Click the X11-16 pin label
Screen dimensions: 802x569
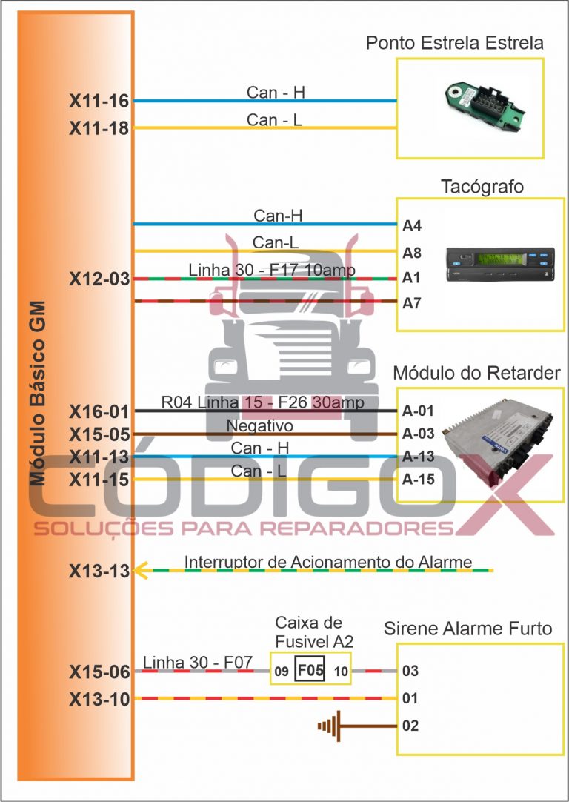pyautogui.click(x=99, y=102)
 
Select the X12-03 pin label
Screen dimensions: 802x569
pyautogui.click(x=99, y=279)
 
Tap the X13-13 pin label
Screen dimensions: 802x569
pyautogui.click(x=99, y=571)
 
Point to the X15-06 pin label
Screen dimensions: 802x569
pyautogui.click(x=99, y=672)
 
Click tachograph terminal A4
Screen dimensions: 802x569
pyautogui.click(x=412, y=225)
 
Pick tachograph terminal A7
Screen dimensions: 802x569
pyautogui.click(x=412, y=303)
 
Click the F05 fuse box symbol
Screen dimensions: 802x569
pyautogui.click(x=310, y=670)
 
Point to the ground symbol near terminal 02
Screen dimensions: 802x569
pyautogui.click(x=328, y=725)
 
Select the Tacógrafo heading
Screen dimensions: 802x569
pyautogui.click(x=482, y=186)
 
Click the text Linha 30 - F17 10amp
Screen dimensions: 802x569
pyautogui.click(x=272, y=270)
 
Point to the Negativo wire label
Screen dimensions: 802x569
pyautogui.click(x=259, y=426)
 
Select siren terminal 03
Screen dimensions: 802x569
pyautogui.click(x=410, y=672)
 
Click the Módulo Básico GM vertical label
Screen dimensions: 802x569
pyautogui.click(x=38, y=393)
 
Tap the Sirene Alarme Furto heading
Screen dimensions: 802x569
pyautogui.click(x=467, y=629)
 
